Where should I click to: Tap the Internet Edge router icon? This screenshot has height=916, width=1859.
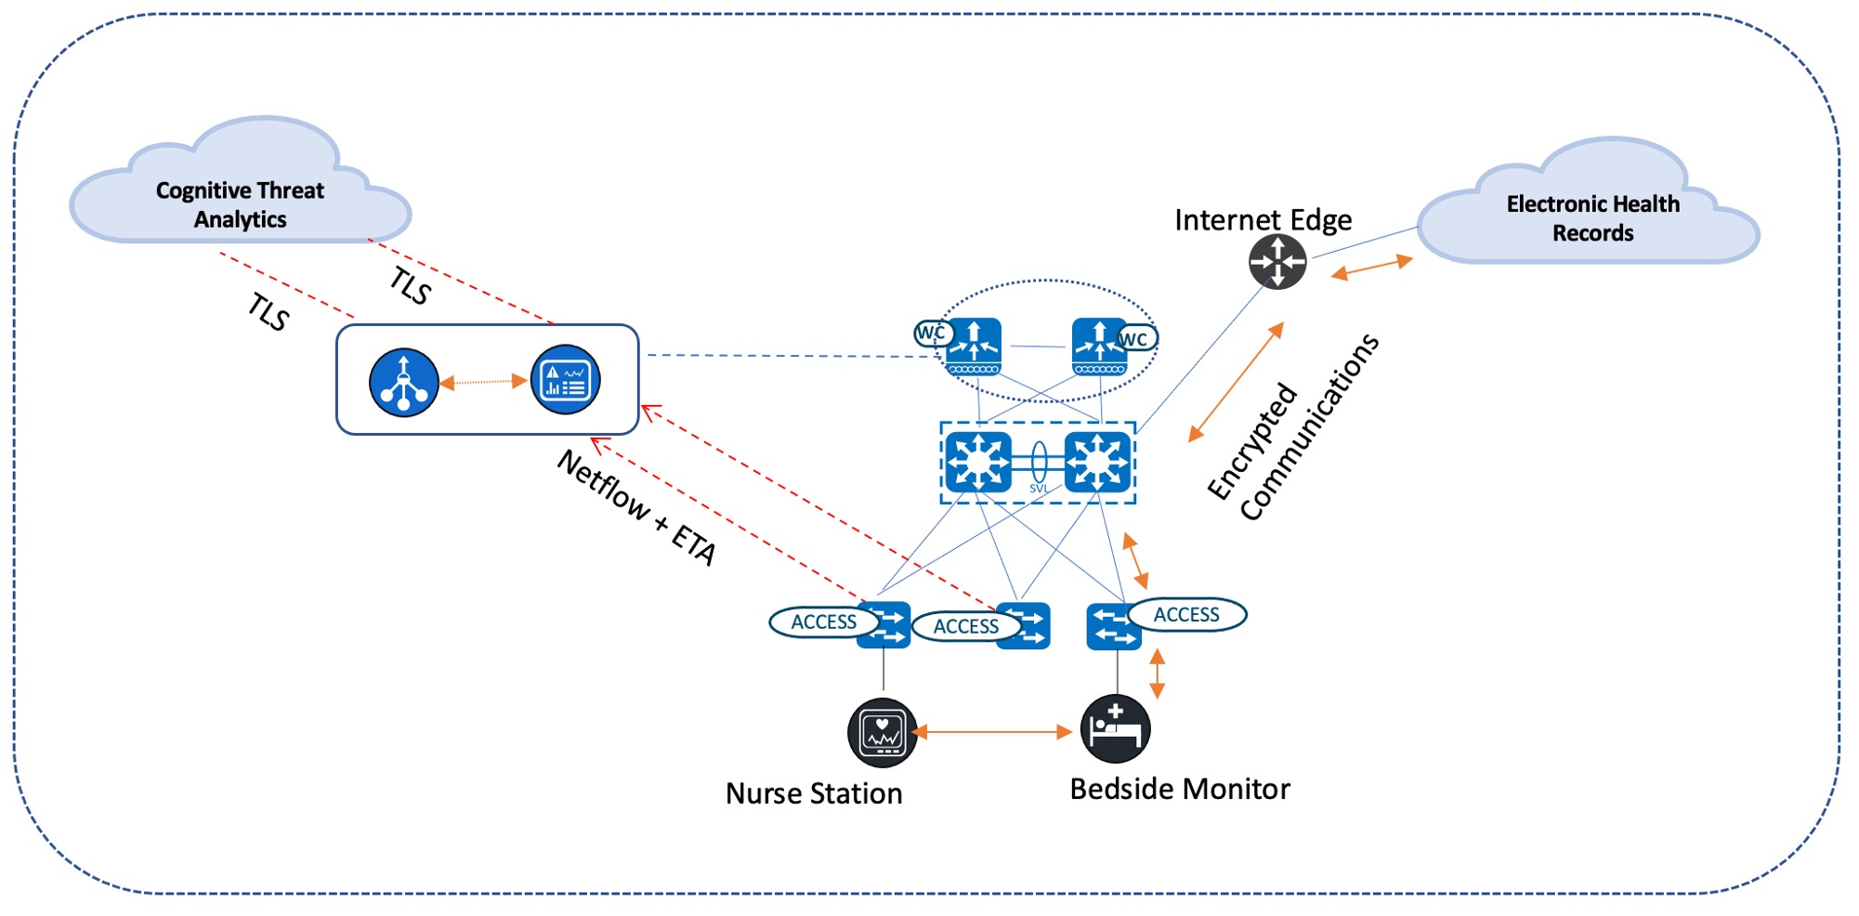(x=1276, y=262)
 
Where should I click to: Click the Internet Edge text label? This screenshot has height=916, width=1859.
(x=1263, y=220)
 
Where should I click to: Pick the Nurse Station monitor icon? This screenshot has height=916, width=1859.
(x=882, y=732)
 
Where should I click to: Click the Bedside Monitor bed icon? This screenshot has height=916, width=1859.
(x=1115, y=728)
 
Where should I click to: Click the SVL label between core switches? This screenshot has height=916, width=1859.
(x=1039, y=489)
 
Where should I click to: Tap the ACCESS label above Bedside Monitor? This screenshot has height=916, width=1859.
(x=1186, y=615)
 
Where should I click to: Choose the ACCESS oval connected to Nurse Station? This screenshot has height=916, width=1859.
(x=823, y=622)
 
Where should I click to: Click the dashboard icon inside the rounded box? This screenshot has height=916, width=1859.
(x=565, y=380)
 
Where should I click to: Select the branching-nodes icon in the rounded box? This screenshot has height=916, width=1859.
(x=403, y=382)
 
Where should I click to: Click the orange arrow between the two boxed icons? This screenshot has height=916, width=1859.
(x=483, y=382)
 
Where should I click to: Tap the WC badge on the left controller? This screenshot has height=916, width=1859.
(x=932, y=333)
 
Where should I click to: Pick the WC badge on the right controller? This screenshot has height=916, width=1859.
(x=1134, y=339)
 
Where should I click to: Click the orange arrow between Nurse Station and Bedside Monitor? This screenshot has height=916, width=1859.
(x=992, y=732)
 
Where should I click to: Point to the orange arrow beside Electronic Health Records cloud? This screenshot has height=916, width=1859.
(x=1371, y=268)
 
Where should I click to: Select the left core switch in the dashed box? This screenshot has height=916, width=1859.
(x=977, y=462)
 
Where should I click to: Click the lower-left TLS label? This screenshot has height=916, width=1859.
(x=269, y=313)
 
